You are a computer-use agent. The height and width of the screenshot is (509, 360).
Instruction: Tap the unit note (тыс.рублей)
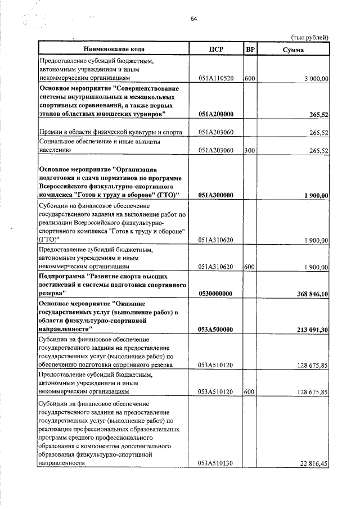(x=308, y=38)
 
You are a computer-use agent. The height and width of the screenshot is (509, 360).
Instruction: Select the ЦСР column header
(x=215, y=49)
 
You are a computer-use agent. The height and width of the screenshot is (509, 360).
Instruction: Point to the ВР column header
(x=251, y=49)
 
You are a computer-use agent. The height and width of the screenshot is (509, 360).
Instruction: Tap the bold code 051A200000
(x=216, y=115)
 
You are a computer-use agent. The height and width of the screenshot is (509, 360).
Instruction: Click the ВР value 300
(x=250, y=151)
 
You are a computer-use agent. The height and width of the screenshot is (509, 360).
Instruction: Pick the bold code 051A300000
(x=216, y=195)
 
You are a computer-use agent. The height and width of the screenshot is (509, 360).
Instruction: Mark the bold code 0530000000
(x=216, y=294)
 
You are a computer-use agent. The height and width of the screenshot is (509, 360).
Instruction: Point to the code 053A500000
(x=216, y=330)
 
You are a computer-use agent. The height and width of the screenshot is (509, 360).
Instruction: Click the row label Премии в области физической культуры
(x=109, y=133)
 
